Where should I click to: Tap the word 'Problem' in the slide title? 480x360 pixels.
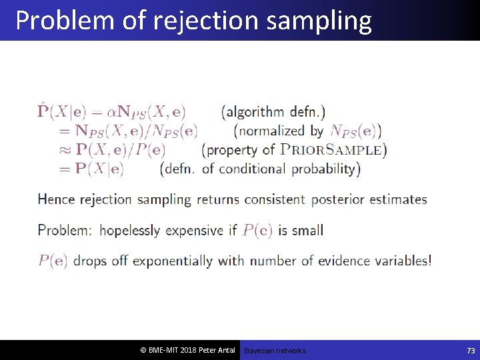click(64, 21)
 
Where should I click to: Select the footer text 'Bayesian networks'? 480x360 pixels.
click(275, 351)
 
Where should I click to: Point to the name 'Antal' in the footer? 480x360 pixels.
click(223, 351)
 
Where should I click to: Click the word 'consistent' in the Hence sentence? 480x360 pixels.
click(274, 199)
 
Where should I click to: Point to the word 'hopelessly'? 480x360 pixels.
click(130, 231)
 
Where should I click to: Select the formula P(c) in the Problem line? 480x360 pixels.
click(257, 231)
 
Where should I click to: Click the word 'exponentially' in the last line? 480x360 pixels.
click(174, 261)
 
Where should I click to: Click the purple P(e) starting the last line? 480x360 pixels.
click(53, 261)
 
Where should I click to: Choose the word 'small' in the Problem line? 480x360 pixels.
click(307, 231)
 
